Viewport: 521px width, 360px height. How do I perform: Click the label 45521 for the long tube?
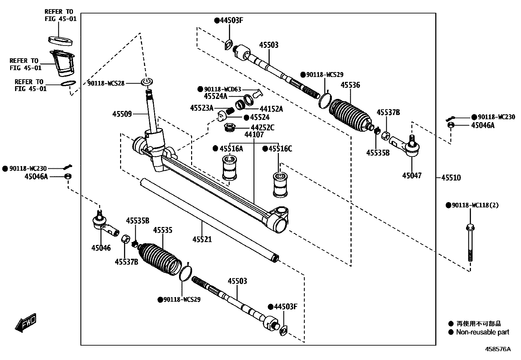pos(202,239)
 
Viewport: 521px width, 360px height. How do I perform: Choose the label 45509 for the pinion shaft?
pos(122,114)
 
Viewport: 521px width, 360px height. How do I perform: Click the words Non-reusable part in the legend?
pos(482,332)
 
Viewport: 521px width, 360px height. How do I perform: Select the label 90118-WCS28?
pos(106,83)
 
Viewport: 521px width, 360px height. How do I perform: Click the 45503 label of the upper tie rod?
pos(269,45)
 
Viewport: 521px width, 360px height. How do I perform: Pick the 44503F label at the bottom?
pos(285,307)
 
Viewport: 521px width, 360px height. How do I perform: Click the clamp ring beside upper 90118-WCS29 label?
pos(325,100)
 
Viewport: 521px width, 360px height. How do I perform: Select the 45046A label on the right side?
pos(483,125)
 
